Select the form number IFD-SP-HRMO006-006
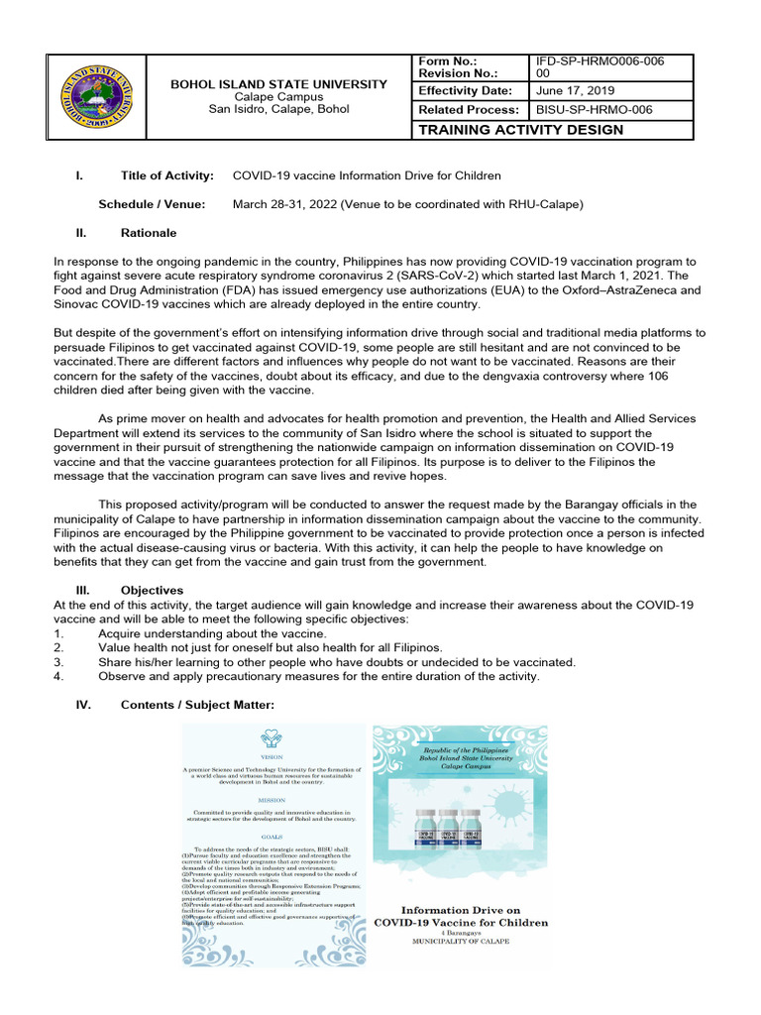click(x=599, y=61)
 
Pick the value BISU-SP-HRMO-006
click(x=594, y=110)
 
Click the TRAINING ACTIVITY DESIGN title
click(x=522, y=130)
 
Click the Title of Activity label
click(x=166, y=175)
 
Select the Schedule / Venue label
click(x=152, y=204)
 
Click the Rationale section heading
click(x=149, y=233)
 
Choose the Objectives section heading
click(x=152, y=590)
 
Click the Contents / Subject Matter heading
click(x=196, y=705)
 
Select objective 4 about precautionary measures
click(x=318, y=676)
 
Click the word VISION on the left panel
click(x=272, y=754)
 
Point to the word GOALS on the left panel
click(x=272, y=836)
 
